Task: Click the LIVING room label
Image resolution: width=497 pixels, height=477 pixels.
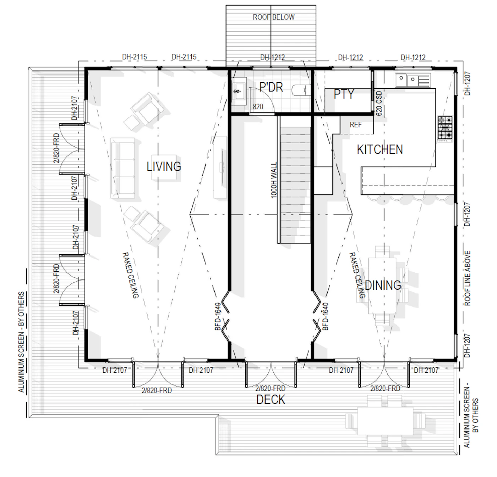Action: (164, 167)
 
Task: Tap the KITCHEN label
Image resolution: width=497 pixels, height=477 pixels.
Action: (380, 149)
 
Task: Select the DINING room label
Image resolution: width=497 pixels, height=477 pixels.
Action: (383, 285)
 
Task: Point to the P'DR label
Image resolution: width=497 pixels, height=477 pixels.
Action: (271, 87)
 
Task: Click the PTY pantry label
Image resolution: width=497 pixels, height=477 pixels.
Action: (344, 94)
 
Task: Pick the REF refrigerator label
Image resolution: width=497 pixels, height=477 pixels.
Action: (355, 125)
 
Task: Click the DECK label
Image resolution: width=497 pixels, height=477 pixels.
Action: (271, 399)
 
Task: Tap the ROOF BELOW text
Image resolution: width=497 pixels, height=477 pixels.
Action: (274, 17)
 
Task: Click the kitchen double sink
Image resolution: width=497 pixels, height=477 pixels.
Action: (413, 80)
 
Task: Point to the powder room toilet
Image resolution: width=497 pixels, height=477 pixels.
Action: (302, 90)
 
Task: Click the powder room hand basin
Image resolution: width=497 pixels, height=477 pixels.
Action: (239, 91)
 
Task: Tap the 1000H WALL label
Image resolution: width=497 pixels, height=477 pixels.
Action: (274, 180)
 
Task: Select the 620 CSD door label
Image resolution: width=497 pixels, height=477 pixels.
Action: (379, 103)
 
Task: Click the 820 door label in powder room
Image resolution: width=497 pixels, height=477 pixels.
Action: (258, 107)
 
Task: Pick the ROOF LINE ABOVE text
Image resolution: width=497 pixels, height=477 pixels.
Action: (467, 278)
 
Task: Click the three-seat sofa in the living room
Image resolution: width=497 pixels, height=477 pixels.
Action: (122, 168)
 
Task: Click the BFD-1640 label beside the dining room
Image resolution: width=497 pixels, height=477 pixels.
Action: (326, 317)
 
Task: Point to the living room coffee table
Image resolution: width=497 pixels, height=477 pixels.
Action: (164, 167)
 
